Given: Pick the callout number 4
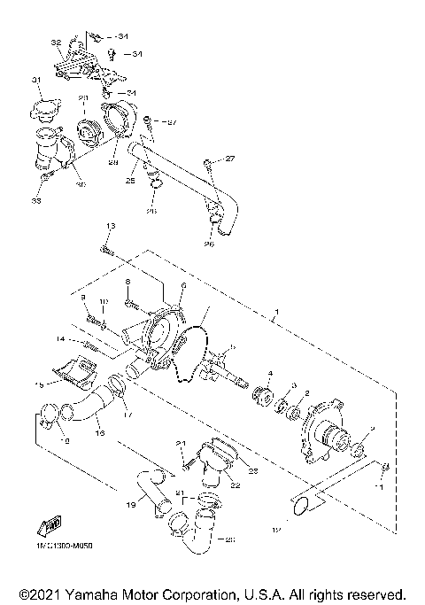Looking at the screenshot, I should point(270,374).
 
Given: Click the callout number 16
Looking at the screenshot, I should point(100,434).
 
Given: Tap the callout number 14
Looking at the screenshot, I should point(59,338).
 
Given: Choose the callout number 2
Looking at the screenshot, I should point(306,392).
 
